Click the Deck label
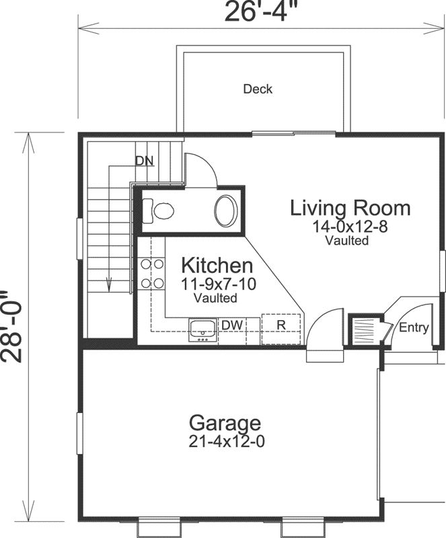[x=258, y=89]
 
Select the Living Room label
[x=350, y=208]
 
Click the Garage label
[x=224, y=423]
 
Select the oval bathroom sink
[x=226, y=210]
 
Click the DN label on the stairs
[x=144, y=161]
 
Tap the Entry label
[x=414, y=328]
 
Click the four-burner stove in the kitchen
[x=153, y=273]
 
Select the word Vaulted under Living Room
[x=347, y=240]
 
